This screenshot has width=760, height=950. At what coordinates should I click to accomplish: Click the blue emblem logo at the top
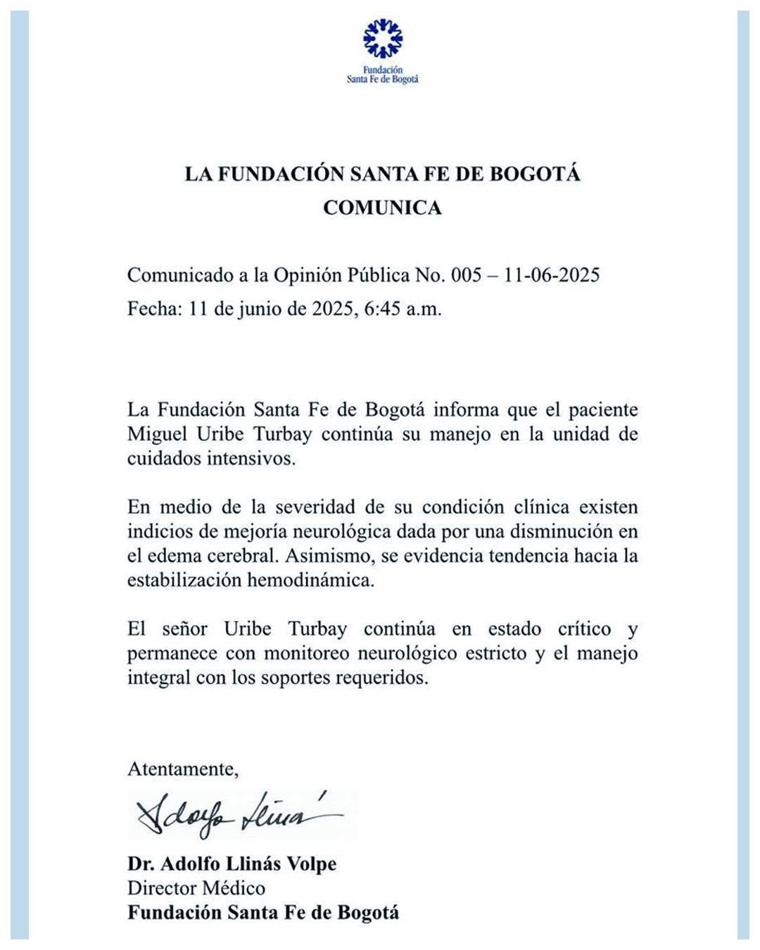pyautogui.click(x=382, y=39)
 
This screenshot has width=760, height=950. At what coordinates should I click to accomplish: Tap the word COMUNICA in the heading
pyautogui.click(x=382, y=208)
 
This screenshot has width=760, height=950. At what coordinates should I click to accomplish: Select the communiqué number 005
pyautogui.click(x=466, y=274)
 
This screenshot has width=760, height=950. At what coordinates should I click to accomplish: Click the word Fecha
pyautogui.click(x=155, y=309)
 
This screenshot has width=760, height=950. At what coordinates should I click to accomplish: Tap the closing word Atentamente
pyautogui.click(x=182, y=768)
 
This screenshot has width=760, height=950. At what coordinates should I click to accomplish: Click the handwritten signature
pyautogui.click(x=236, y=815)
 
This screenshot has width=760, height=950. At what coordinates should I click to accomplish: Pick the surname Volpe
pyautogui.click(x=310, y=863)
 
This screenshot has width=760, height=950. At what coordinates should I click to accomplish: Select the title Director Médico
pyautogui.click(x=196, y=888)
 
